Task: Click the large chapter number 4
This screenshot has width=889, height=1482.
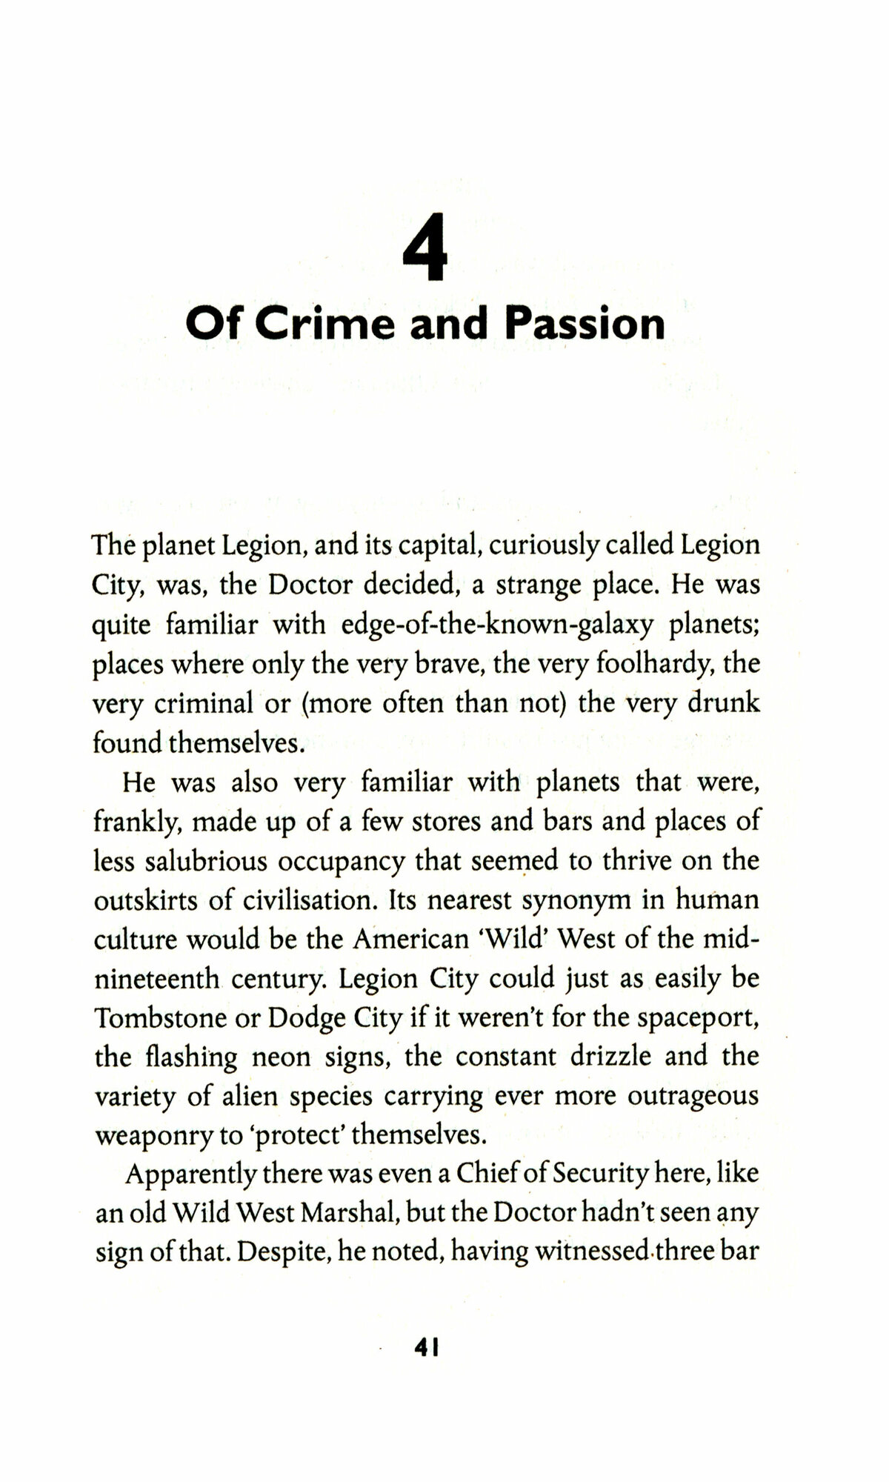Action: [425, 247]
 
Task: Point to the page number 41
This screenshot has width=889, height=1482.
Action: [428, 1347]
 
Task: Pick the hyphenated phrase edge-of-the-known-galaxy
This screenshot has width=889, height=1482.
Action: [498, 625]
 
